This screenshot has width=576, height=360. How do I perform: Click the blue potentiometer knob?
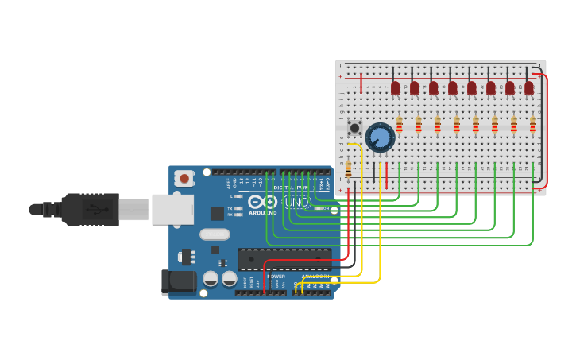(x=381, y=137)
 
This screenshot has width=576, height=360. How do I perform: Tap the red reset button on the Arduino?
(x=184, y=179)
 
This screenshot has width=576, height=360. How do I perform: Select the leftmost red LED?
(x=395, y=87)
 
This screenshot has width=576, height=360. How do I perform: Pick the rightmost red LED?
(x=529, y=87)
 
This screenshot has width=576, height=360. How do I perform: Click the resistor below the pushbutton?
(x=348, y=169)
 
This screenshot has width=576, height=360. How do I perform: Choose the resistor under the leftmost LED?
(x=400, y=125)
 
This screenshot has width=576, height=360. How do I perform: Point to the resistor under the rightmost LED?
(x=533, y=125)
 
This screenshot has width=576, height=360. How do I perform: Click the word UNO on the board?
(x=297, y=203)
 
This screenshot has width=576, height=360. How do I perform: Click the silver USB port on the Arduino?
(x=172, y=210)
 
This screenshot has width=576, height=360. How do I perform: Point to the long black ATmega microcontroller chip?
(x=284, y=259)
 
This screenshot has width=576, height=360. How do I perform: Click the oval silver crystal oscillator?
(x=215, y=234)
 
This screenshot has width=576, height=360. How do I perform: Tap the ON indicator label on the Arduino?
(x=325, y=208)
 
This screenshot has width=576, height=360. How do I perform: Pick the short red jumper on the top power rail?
(x=361, y=83)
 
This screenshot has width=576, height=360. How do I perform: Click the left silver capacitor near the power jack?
(x=211, y=279)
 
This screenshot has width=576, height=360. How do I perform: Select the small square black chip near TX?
(x=217, y=213)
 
